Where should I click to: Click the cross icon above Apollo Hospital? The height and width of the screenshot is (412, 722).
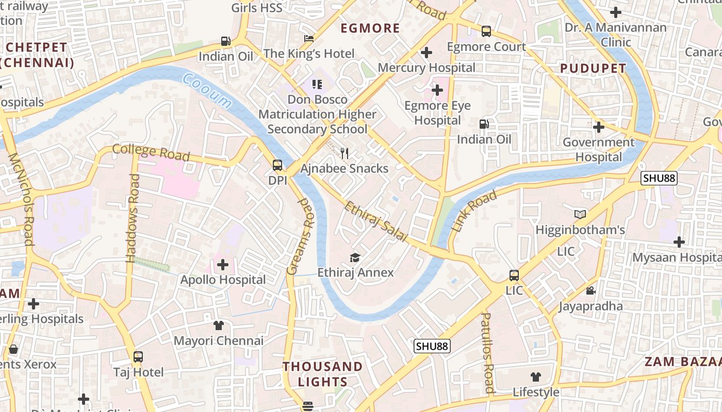point(222,265)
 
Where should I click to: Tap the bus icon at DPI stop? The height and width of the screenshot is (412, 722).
point(277,165)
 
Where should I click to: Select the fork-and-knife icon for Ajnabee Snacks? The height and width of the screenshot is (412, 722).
point(344,153)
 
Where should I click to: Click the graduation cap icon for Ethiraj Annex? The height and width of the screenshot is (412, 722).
point(355,257)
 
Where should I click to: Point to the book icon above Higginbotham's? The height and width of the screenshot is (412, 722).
point(580,214)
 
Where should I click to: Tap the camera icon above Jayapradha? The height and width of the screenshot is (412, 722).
point(590,291)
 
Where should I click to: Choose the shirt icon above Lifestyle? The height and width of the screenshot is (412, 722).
point(536,377)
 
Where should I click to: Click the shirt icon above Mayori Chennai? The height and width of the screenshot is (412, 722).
point(219,325)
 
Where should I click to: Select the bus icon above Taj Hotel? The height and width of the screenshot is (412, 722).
point(138,356)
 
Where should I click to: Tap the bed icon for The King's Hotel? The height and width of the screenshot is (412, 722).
point(309,39)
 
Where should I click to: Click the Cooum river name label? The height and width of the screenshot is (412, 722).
point(207,91)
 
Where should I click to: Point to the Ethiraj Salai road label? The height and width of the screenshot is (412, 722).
point(375,221)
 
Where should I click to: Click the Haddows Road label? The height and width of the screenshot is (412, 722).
point(133,218)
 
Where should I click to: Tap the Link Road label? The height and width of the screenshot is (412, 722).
point(474,210)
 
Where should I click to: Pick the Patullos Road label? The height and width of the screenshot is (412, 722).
point(488,353)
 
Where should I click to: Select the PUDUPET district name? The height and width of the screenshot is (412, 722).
point(593,68)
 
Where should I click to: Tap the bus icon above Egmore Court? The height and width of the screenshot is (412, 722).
point(486,31)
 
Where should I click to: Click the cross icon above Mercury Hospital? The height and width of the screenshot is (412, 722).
point(426,53)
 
